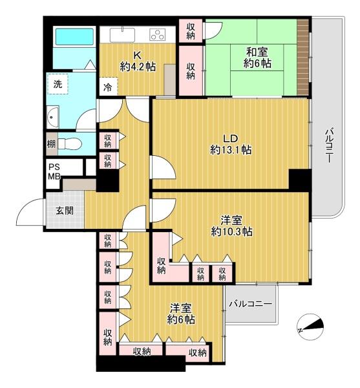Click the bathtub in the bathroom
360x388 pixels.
[x=74, y=37]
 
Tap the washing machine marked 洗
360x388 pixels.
[x=58, y=84]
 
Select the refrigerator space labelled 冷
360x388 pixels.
[x=108, y=87]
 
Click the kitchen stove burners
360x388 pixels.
[x=158, y=34]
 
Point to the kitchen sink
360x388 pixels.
[x=122, y=35]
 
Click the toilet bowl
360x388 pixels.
[x=70, y=144]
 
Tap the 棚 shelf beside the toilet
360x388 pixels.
[x=51, y=144]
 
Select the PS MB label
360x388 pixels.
[x=54, y=172]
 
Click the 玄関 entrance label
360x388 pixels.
[x=64, y=211]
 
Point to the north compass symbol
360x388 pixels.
[x=310, y=327]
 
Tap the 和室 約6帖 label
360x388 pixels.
[x=257, y=58]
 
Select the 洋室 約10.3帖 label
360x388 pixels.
[x=231, y=226]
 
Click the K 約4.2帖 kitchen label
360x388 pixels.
[x=138, y=61]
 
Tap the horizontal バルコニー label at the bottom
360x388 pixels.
[x=250, y=304]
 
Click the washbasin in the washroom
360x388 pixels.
[x=53, y=117]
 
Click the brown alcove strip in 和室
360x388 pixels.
[x=303, y=57]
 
